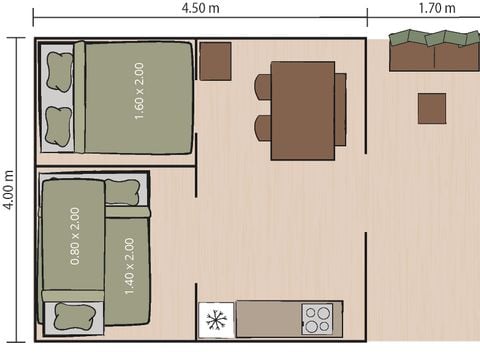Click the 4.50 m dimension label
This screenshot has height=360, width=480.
tap(200, 8)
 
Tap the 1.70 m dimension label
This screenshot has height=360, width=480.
tap(437, 8)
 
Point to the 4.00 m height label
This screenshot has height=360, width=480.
tap(8, 190)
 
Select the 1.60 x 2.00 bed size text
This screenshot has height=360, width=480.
tap(139, 91)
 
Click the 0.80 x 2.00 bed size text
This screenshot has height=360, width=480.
tap(75, 236)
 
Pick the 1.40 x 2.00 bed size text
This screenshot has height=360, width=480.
tap(129, 266)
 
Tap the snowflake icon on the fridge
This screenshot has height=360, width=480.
tap(216, 320)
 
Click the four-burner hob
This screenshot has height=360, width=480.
tap(317, 319)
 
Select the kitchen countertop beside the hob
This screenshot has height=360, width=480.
tap(269, 319)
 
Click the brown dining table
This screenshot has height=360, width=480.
tap(303, 111)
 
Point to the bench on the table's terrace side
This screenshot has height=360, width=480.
tap(340, 110)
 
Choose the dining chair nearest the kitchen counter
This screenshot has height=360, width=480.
tap(263, 128)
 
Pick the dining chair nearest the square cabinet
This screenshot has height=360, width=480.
tap(263, 87)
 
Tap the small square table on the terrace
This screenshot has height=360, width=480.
tap(432, 109)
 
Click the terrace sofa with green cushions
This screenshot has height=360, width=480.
tap(435, 50)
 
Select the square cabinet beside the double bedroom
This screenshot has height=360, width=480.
tap(215, 61)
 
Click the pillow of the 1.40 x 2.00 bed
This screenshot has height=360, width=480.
tap(122, 192)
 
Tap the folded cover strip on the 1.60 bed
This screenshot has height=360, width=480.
tap(79, 97)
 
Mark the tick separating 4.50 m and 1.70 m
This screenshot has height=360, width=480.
tap(367, 17)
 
